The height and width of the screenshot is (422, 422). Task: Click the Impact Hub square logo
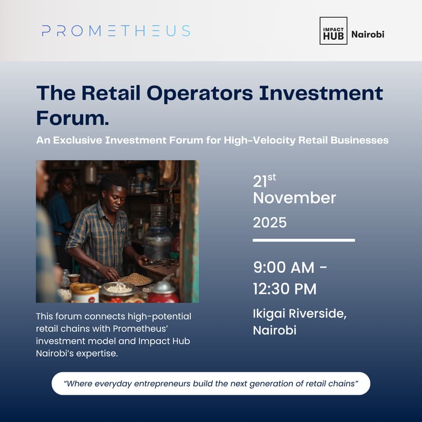coord(333,31)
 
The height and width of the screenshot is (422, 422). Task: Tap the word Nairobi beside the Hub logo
coord(368,34)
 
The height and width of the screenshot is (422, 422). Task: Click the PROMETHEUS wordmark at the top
coord(116,31)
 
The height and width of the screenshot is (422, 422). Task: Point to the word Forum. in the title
coord(72,117)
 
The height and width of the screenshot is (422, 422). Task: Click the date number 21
coord(260,182)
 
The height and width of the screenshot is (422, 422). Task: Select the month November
coord(294,198)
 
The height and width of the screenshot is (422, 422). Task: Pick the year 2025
coord(270,223)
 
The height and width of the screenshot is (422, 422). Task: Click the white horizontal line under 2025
coord(304,240)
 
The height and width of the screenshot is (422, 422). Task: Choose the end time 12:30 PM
coord(285,289)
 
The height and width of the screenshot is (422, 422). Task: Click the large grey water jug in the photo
coord(158,237)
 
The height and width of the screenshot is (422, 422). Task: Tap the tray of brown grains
coord(136,279)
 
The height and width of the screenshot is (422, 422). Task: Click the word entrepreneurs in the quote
coord(168,383)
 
